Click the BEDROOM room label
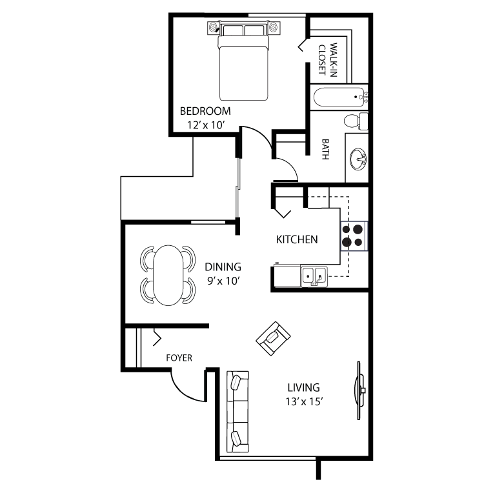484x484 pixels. point(205,110)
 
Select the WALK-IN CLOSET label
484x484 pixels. point(330,59)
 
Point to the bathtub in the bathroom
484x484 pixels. point(339,99)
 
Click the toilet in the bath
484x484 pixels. point(354,121)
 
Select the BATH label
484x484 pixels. point(325,150)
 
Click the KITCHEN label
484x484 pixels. point(297,239)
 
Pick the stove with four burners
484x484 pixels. point(354,235)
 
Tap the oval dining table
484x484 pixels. point(168,274)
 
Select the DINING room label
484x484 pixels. point(223,267)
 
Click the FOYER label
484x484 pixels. point(179,358)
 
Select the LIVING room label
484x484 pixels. point(303,387)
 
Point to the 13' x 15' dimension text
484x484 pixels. point(303,403)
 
